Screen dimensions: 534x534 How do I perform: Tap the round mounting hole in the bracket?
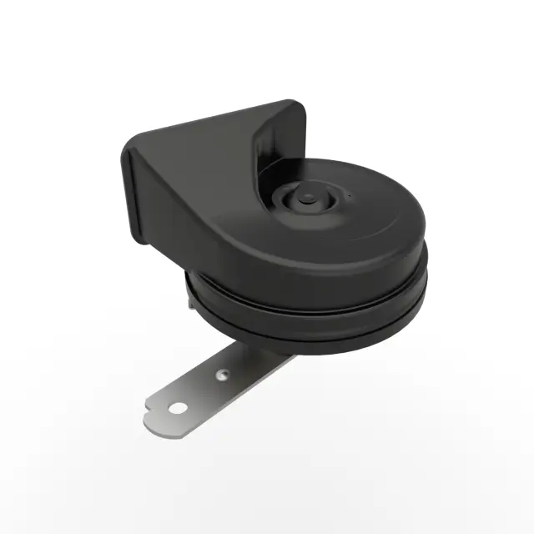pyautogui.click(x=179, y=408)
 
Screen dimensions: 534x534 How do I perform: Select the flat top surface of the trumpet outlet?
pyautogui.click(x=209, y=125)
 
